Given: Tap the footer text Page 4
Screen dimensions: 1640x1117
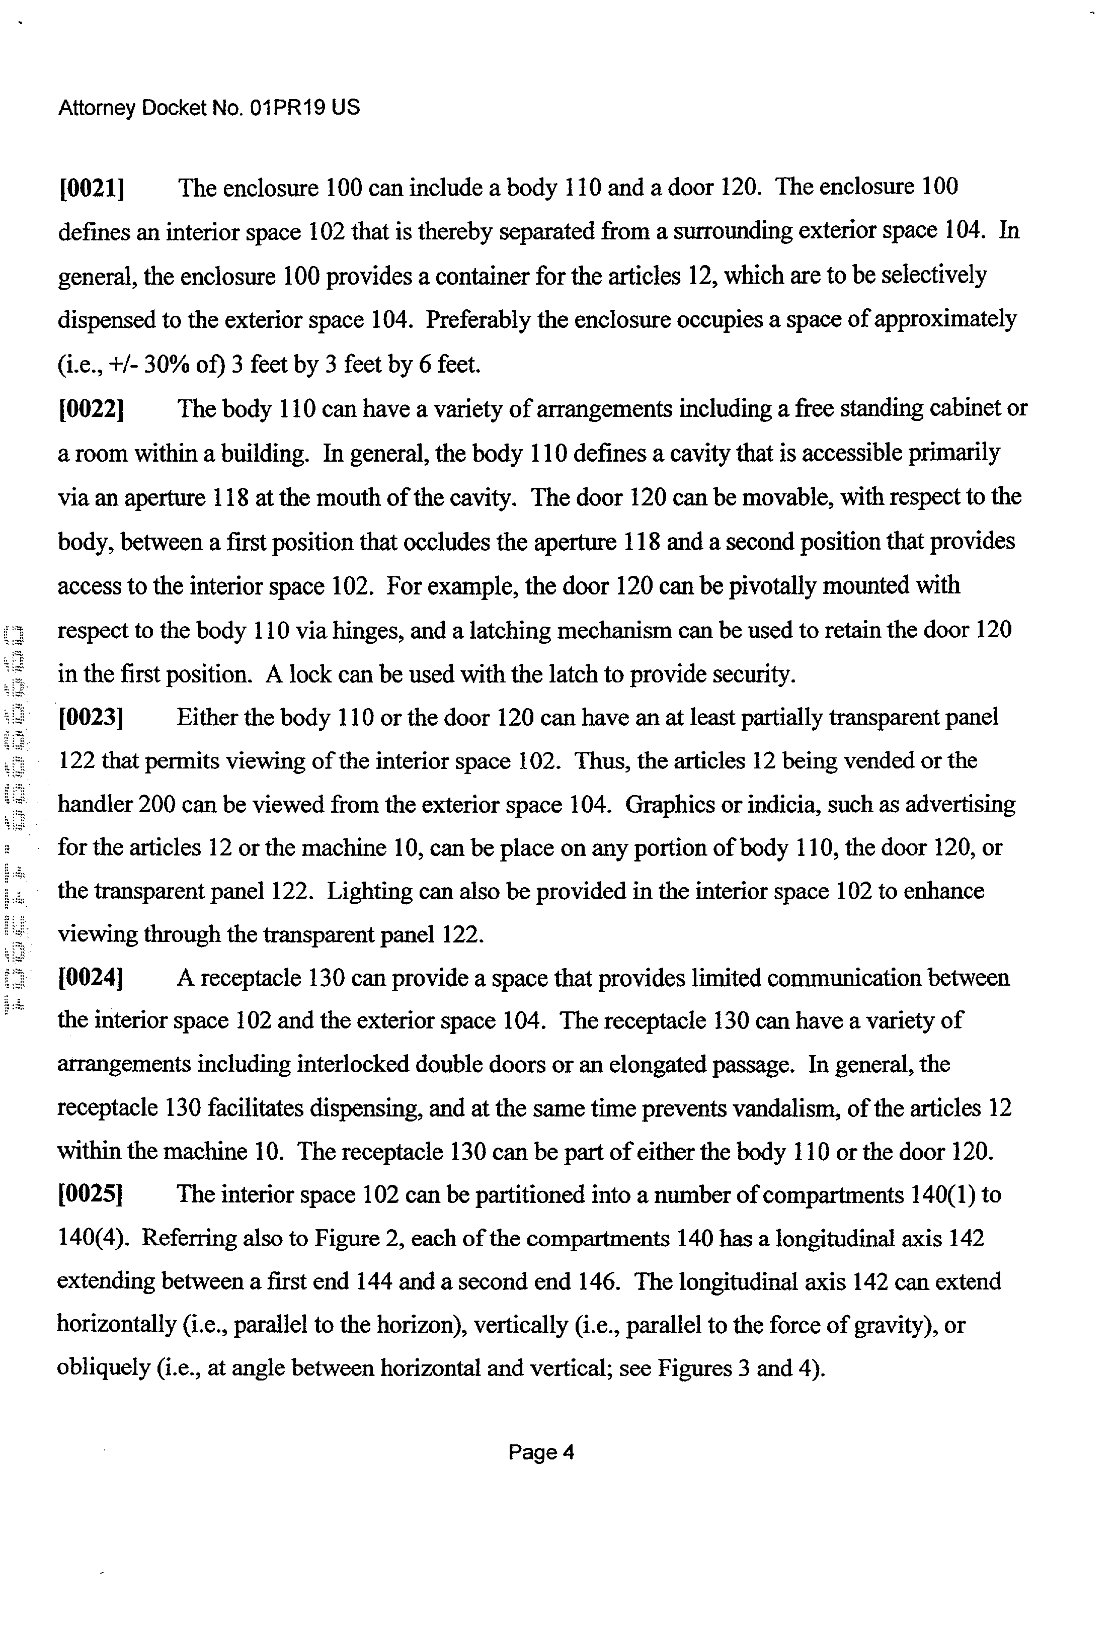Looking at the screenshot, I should pos(541,1452).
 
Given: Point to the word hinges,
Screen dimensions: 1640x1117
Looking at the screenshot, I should pos(366,630).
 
